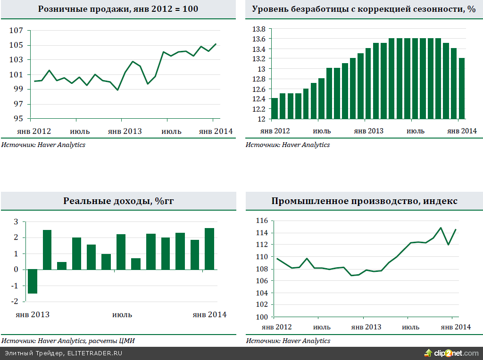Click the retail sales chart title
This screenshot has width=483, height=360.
pos(118,9)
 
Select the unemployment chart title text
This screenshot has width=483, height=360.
pos(364,9)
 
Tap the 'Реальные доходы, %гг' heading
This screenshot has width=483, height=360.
pos(118,201)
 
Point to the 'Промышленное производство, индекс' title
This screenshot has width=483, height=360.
pos(364,201)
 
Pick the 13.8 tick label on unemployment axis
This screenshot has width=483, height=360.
pos(259,29)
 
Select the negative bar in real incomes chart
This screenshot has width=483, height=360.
pos(33,281)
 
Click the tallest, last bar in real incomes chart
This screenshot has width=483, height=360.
pos(209,249)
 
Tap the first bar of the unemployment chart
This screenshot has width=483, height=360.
pos(275,108)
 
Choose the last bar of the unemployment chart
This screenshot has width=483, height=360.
pos(462,88)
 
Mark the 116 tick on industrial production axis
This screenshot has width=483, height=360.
pos(261,221)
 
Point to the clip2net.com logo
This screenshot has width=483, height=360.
pos(451,353)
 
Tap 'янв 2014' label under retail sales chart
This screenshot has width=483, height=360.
pos(215,131)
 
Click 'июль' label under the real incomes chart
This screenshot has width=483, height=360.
pos(122,315)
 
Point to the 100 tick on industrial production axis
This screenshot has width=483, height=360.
pos(261,317)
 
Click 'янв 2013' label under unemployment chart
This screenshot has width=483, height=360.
pos(368,131)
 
